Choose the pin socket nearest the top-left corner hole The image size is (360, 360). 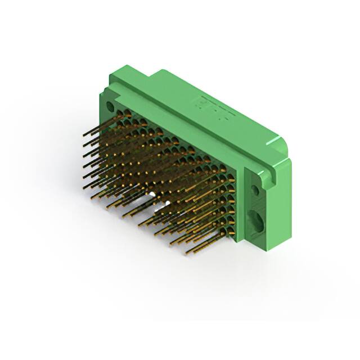point(127,115)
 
